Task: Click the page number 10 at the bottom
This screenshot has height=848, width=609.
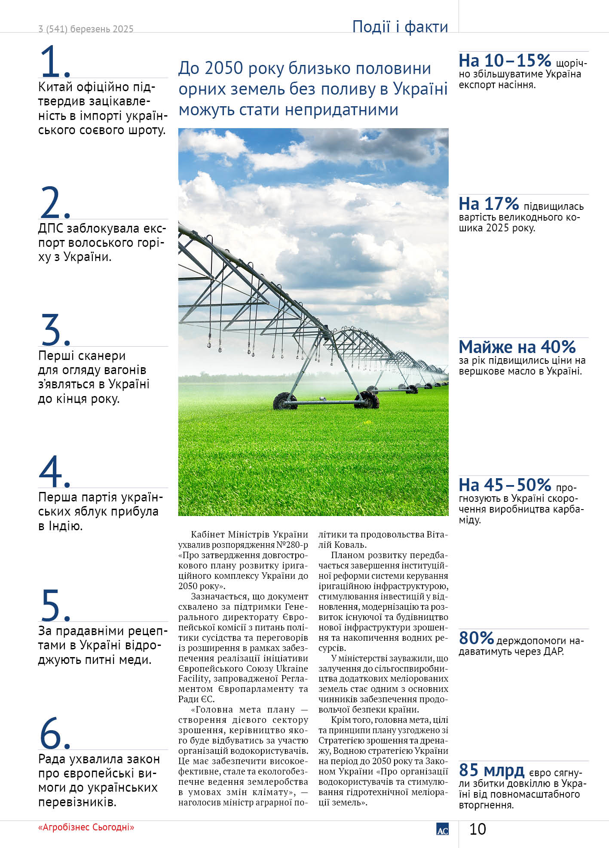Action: click(x=477, y=829)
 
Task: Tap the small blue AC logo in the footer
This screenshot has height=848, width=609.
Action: click(x=442, y=829)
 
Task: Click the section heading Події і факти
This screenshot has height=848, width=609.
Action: click(x=400, y=27)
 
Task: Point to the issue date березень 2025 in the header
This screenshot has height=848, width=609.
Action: click(x=102, y=29)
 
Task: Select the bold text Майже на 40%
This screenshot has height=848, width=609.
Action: click(x=517, y=347)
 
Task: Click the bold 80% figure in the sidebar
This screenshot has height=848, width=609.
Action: click(x=476, y=637)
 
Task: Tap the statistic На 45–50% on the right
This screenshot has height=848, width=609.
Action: click(x=505, y=485)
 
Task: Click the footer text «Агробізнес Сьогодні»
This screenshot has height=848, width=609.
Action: click(x=86, y=827)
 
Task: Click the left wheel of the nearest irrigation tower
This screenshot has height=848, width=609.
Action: click(x=285, y=401)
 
